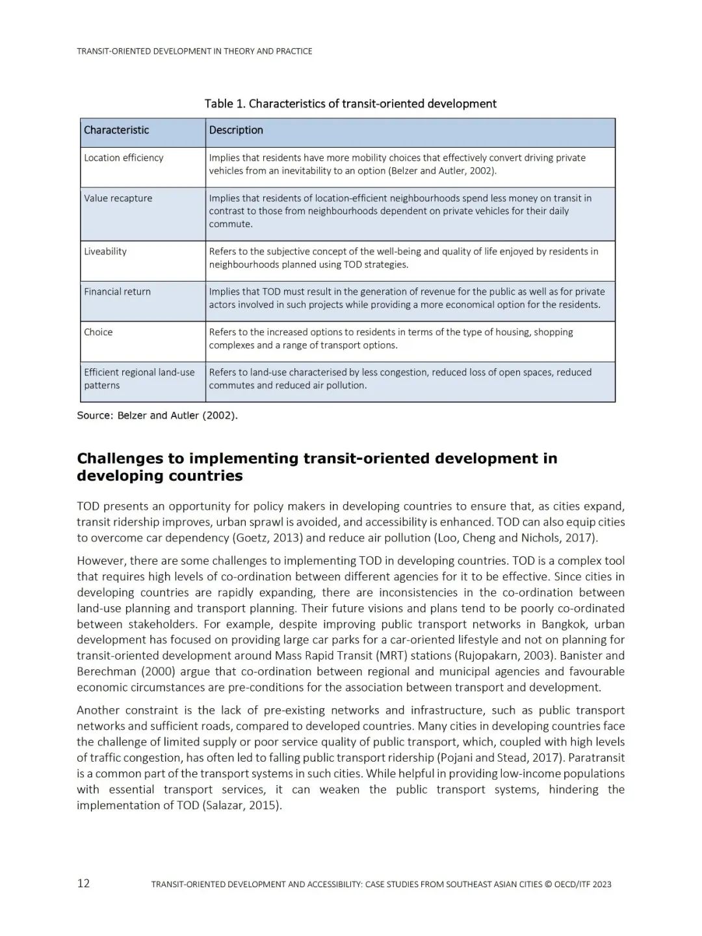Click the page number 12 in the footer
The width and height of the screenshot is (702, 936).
83,883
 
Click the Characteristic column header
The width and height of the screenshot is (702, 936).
116,130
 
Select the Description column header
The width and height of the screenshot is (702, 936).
236,130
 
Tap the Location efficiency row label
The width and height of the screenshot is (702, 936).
123,157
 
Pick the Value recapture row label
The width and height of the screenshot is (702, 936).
118,198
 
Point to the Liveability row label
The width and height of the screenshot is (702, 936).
105,251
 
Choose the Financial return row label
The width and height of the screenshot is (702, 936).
117,291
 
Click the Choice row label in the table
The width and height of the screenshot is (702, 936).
98,332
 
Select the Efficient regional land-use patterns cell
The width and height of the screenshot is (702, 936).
139,379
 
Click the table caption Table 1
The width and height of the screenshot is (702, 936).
350,103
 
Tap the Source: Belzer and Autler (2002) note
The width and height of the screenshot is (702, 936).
157,415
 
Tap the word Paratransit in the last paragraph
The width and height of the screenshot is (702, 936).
594,758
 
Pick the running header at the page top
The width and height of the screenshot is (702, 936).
194,51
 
